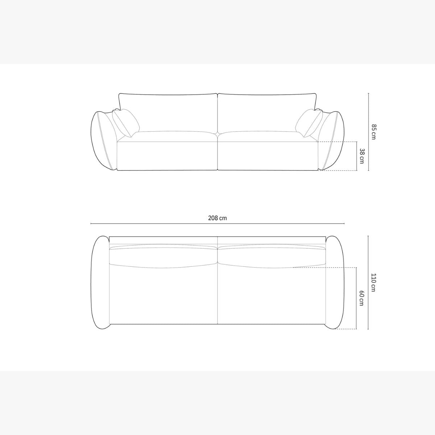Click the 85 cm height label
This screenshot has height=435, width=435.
click(x=373, y=132)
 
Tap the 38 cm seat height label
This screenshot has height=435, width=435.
click(x=361, y=156)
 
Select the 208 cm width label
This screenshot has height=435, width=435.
click(x=217, y=218)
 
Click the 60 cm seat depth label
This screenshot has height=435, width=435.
click(x=361, y=298)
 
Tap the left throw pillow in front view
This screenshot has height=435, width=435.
click(x=125, y=123)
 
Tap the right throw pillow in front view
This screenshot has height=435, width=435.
click(x=309, y=123)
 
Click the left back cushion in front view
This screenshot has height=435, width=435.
click(x=168, y=113)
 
